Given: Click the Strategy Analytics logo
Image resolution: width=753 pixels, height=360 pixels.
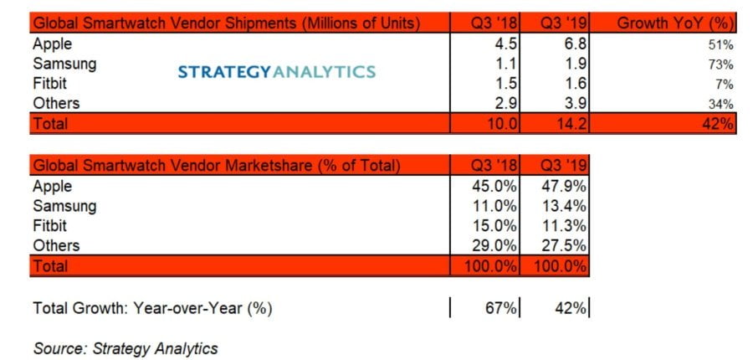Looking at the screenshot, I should [x=277, y=72].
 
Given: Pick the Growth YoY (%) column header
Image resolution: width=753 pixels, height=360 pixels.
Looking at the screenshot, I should [x=676, y=23].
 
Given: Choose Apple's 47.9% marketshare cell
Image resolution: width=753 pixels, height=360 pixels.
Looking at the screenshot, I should [x=561, y=187].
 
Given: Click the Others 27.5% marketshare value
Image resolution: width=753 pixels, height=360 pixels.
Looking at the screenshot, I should [x=561, y=246].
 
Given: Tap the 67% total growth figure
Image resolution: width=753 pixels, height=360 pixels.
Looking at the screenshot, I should [x=500, y=308].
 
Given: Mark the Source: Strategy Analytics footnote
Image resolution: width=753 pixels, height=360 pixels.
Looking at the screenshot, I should [x=125, y=347].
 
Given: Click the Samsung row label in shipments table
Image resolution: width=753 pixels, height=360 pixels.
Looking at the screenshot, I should [x=64, y=63].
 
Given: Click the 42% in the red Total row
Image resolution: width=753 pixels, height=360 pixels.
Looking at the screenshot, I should [x=718, y=124].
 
